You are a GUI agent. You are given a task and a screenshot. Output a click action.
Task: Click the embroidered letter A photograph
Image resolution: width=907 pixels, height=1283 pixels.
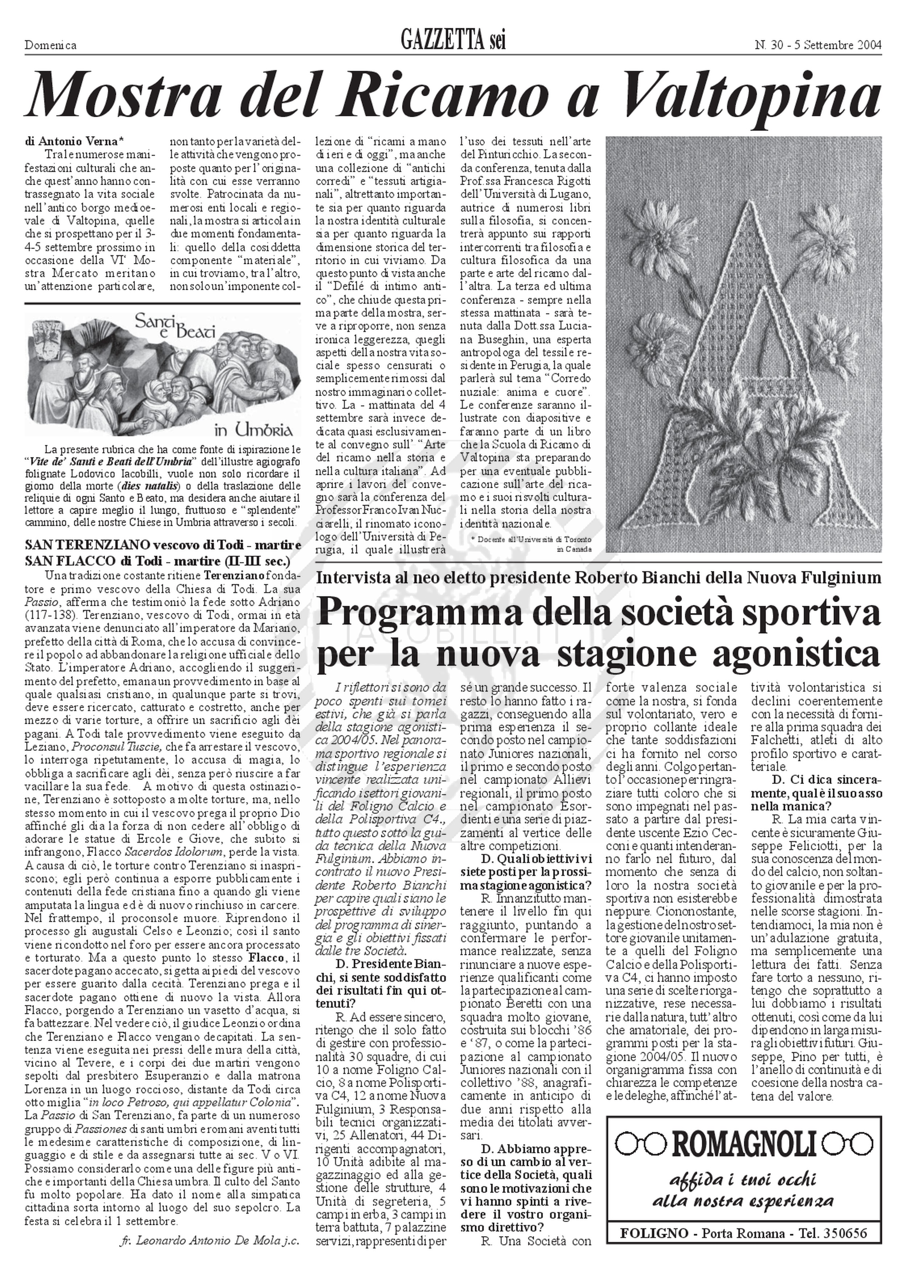point(743,344)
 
